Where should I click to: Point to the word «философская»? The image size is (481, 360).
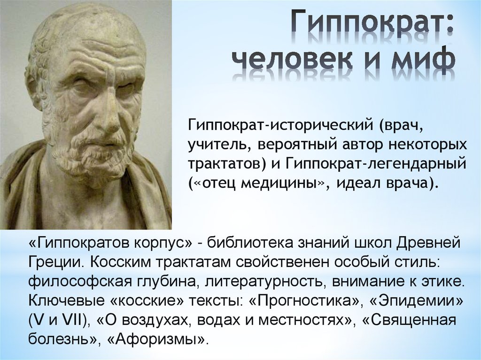pos(67,283)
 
